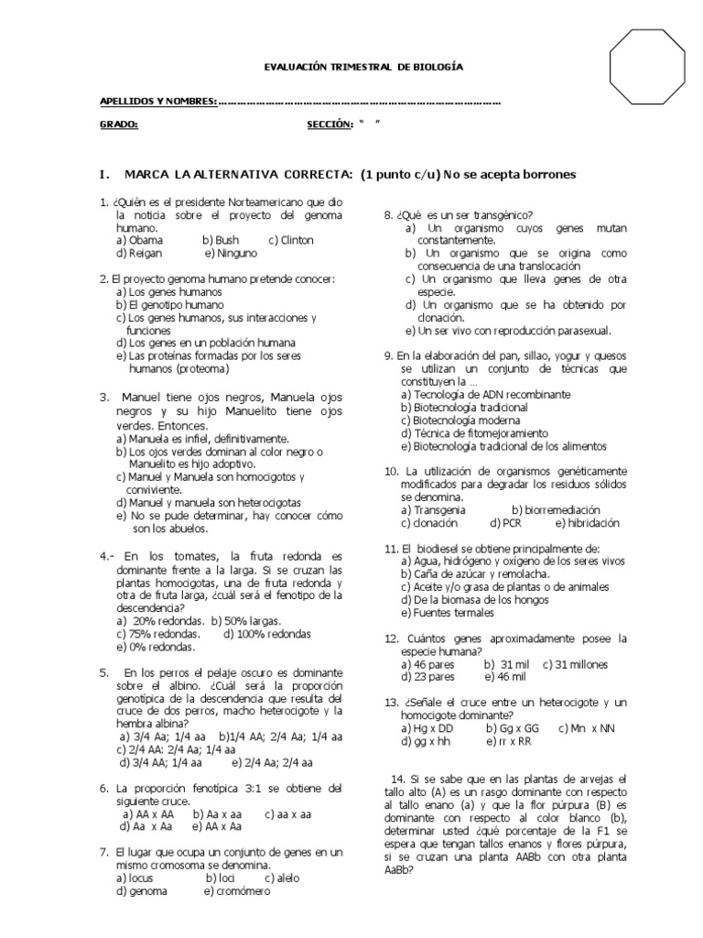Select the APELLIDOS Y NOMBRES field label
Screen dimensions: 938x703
point(157,101)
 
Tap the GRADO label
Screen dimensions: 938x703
point(118,125)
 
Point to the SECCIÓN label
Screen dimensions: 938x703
point(330,125)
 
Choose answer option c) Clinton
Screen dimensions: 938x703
point(290,240)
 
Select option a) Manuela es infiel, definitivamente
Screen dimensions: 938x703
point(203,439)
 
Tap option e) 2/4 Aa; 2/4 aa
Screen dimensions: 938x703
point(272,761)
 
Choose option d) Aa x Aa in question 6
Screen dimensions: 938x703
point(146,825)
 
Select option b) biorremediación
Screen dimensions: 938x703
point(556,509)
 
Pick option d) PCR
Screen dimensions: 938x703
point(505,523)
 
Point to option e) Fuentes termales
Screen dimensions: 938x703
point(448,612)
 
